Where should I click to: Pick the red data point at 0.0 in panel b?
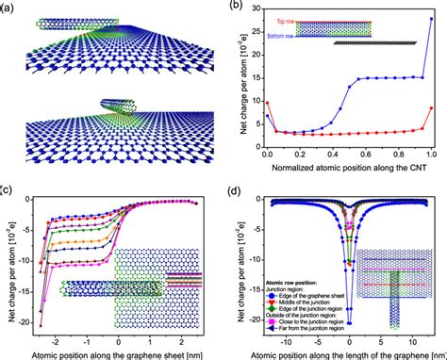(268, 103)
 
